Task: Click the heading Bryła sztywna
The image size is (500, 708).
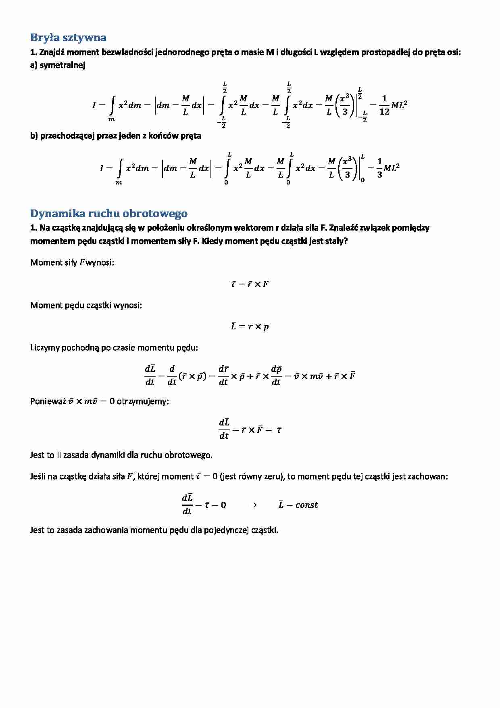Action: point(68,38)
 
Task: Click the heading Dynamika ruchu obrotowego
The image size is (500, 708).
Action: point(109,214)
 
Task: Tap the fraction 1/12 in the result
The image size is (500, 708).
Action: point(384,105)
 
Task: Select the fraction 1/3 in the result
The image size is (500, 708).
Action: point(379,168)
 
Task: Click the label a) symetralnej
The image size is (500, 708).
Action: point(58,65)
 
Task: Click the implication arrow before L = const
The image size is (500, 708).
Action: point(253,505)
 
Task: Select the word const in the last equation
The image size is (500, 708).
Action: point(306,505)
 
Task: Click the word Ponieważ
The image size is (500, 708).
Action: point(48,402)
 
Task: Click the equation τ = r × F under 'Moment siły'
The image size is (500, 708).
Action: point(250,284)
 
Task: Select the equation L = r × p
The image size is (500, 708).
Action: point(250,327)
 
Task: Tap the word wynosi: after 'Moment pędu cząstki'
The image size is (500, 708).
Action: point(127,306)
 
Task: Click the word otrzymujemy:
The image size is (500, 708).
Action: point(143,402)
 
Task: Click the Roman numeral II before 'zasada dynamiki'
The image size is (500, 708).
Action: point(59,455)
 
